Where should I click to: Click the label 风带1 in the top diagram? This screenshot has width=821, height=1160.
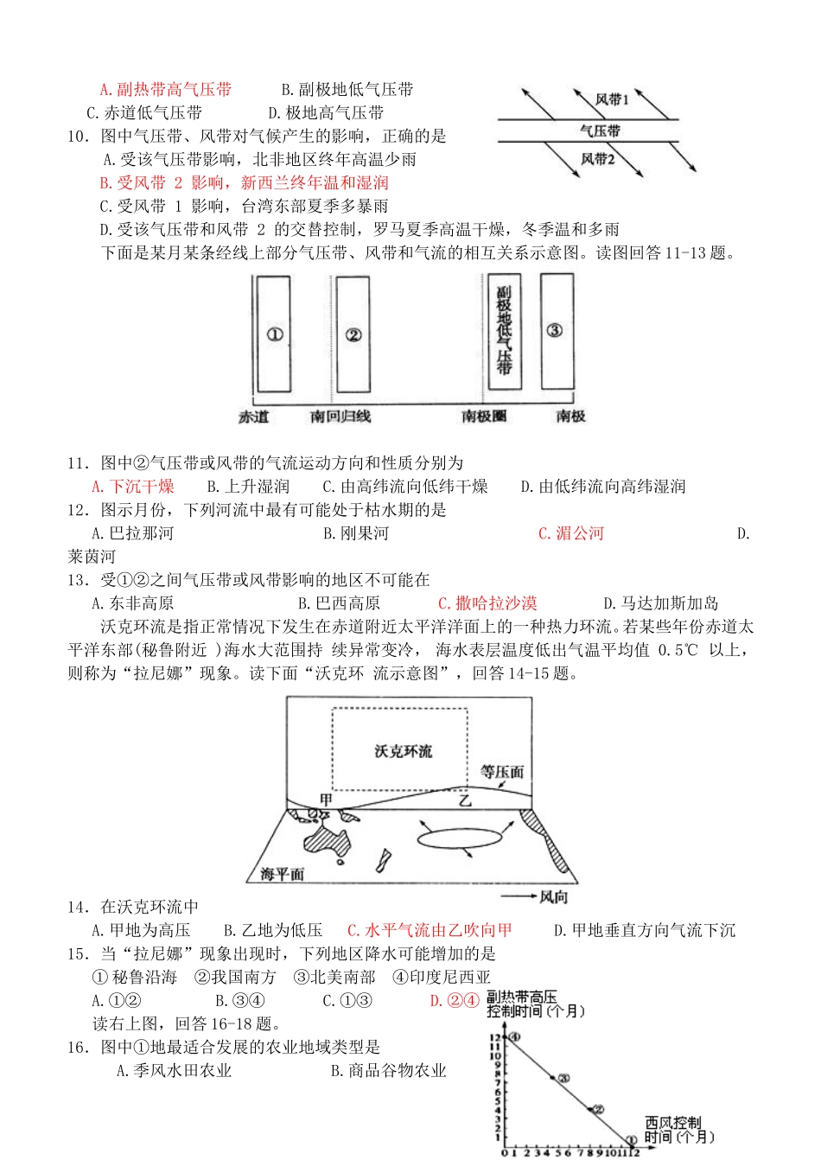(611, 99)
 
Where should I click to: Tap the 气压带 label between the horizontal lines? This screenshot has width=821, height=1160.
(600, 131)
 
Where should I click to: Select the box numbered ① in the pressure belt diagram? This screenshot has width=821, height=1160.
(274, 335)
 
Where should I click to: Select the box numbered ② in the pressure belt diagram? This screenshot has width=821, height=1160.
(353, 335)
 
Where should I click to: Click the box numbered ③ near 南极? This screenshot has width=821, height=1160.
(556, 330)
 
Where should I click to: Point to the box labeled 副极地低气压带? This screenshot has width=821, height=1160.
(504, 330)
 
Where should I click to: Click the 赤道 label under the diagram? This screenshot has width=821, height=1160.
(253, 417)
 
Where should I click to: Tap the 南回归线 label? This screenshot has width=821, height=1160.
(340, 417)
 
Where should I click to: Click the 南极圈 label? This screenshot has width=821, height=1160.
(484, 417)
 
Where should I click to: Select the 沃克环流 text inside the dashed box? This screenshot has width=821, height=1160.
(403, 751)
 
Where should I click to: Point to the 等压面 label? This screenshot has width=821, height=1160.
(502, 771)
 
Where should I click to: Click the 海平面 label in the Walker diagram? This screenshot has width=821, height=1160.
(283, 874)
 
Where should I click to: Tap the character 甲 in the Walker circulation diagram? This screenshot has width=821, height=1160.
(326, 800)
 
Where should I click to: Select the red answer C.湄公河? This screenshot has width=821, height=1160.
(570, 533)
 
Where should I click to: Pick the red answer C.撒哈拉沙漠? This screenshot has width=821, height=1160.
(487, 603)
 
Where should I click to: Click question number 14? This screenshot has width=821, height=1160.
(78, 908)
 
